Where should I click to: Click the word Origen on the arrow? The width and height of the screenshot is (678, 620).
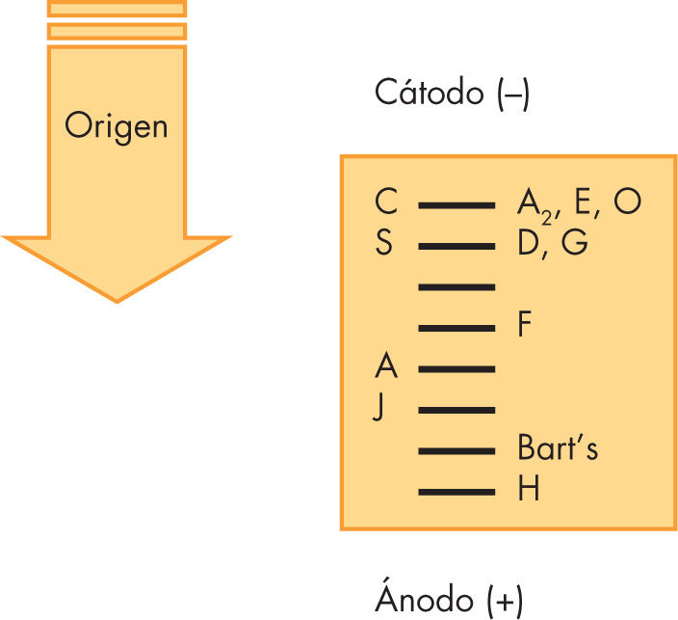(x=116, y=125)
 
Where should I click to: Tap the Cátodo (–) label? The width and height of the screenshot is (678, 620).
(x=452, y=94)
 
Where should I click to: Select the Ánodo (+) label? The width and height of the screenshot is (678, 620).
(x=449, y=600)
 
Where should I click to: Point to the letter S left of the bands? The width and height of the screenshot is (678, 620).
(x=384, y=244)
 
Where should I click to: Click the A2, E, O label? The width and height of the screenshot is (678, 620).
(x=579, y=204)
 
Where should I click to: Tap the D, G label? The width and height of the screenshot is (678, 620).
(x=552, y=244)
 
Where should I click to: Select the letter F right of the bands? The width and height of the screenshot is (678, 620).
(x=525, y=326)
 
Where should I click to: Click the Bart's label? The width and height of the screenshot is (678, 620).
(x=558, y=449)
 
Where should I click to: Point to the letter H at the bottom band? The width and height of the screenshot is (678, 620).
(x=528, y=491)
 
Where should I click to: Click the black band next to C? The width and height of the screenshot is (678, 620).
(x=456, y=205)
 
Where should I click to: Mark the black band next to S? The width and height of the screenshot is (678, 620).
(x=456, y=246)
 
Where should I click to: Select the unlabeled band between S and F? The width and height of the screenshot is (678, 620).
(x=456, y=287)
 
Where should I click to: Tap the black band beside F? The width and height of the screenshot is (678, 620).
(x=456, y=328)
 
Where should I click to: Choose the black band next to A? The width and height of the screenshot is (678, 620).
(x=456, y=369)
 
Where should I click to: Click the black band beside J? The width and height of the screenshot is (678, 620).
(x=456, y=410)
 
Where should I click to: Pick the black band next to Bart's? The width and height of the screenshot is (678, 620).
(x=456, y=451)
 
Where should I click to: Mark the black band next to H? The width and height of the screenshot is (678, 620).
(x=456, y=492)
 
